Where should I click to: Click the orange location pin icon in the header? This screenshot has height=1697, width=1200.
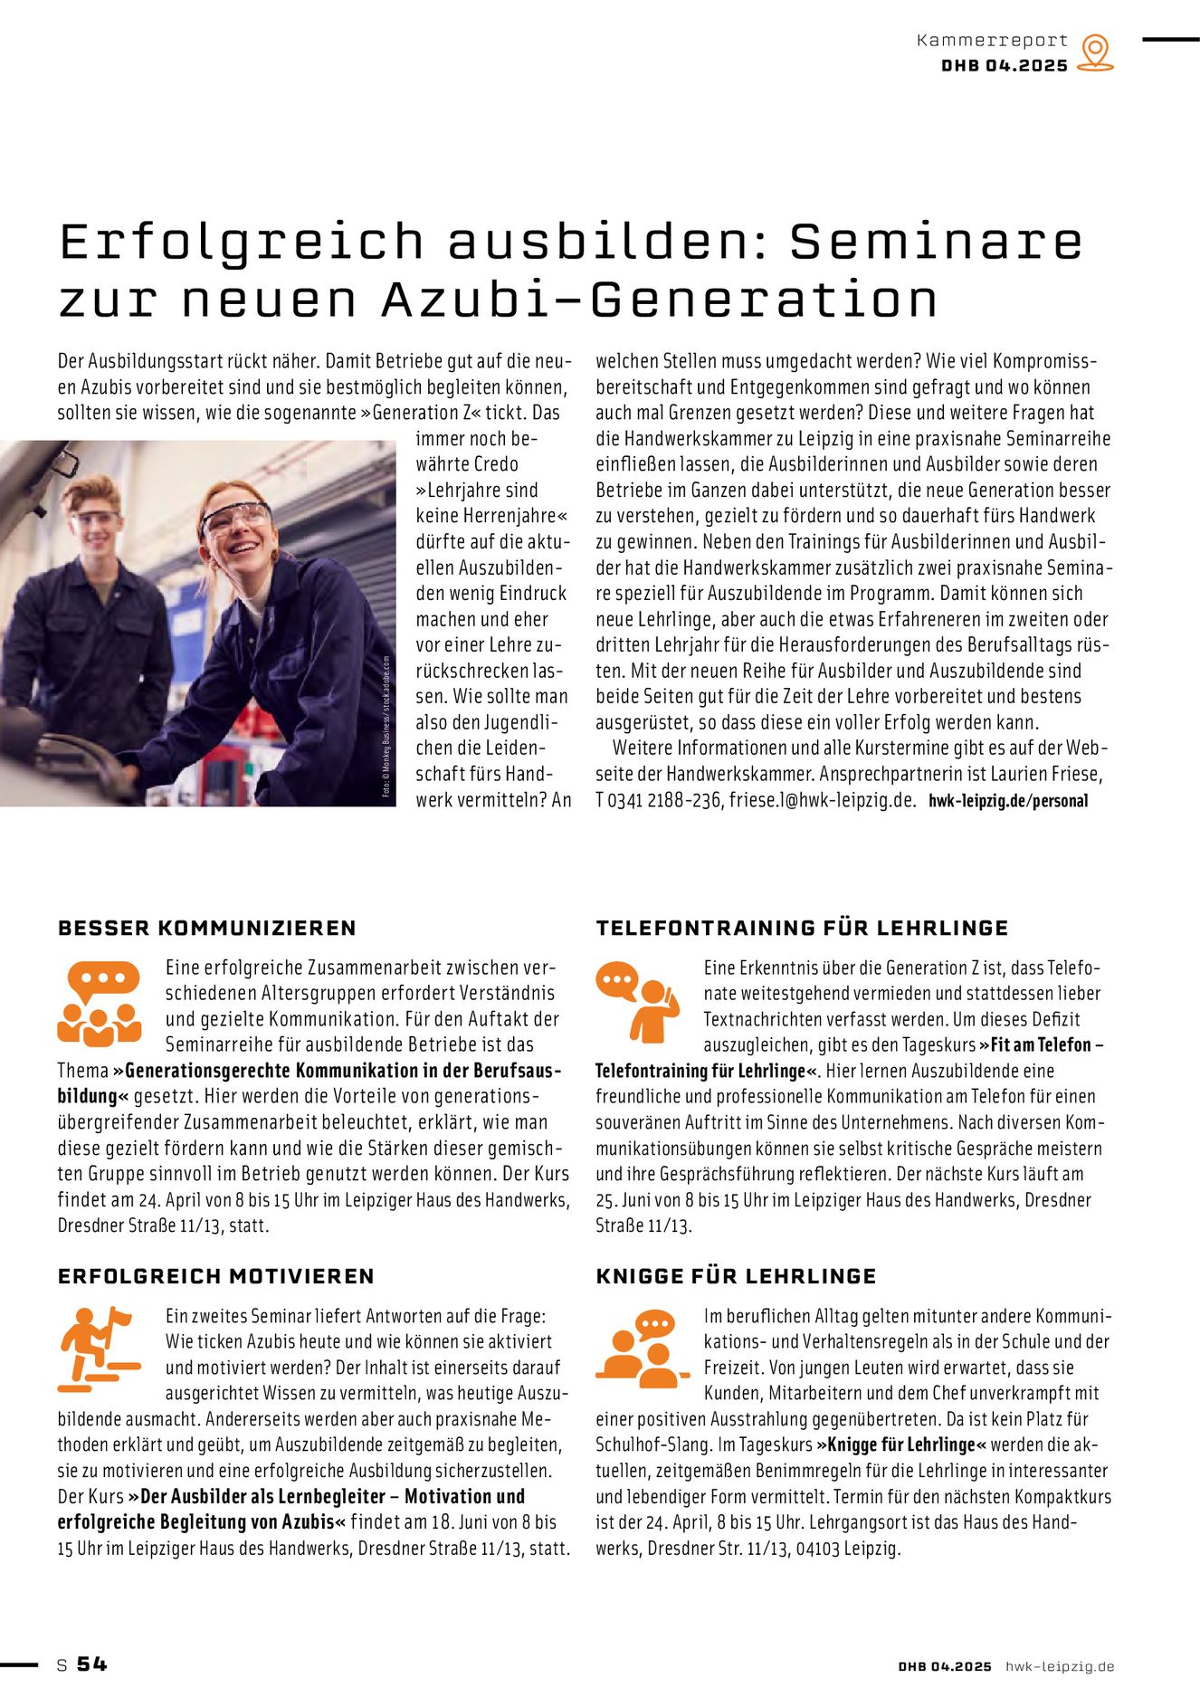pyautogui.click(x=1095, y=52)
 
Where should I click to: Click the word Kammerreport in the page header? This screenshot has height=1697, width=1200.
pyautogui.click(x=992, y=41)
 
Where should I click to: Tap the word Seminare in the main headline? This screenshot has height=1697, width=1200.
pyautogui.click(x=936, y=242)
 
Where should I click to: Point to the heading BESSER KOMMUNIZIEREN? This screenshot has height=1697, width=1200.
pyautogui.click(x=207, y=928)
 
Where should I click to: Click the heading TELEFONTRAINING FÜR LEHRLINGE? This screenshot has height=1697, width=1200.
pyautogui.click(x=802, y=928)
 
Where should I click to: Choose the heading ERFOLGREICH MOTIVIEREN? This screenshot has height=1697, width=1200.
pyautogui.click(x=216, y=1276)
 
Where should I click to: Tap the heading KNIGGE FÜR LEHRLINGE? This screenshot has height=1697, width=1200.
pyautogui.click(x=736, y=1276)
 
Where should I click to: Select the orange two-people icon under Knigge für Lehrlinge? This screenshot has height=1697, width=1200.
pyautogui.click(x=637, y=1349)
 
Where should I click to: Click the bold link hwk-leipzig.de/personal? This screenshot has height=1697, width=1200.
pyautogui.click(x=1008, y=801)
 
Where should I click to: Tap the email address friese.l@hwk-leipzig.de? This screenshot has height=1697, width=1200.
pyautogui.click(x=823, y=801)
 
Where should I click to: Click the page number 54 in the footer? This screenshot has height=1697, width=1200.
pyautogui.click(x=91, y=1664)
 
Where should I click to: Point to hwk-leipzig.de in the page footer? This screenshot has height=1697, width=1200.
pyautogui.click(x=1060, y=1666)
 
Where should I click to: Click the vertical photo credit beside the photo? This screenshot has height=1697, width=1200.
pyautogui.click(x=386, y=726)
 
